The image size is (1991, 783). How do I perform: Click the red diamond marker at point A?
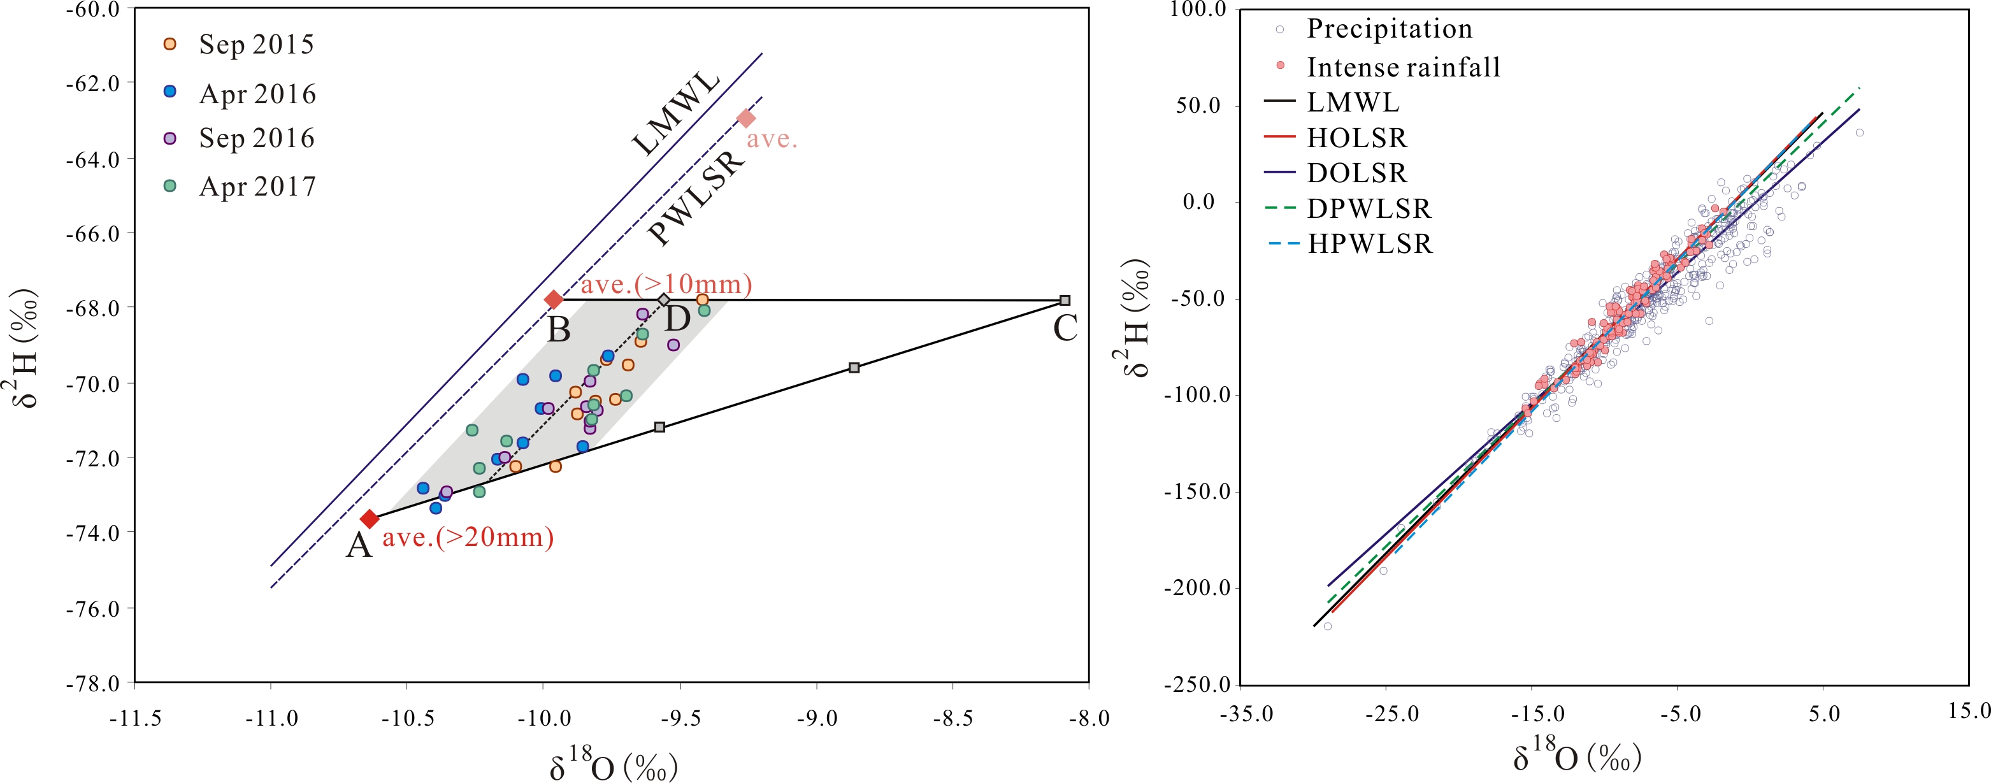(x=370, y=519)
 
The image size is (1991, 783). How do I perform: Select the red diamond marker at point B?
(x=554, y=299)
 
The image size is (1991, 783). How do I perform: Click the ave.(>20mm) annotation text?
(x=468, y=537)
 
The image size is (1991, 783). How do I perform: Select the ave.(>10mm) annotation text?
(x=666, y=284)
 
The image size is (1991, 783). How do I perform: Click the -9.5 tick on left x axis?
(x=681, y=719)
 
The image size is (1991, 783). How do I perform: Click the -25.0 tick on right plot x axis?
(x=1391, y=714)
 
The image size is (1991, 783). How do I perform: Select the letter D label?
(x=678, y=319)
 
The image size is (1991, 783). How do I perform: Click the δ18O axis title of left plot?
(x=613, y=764)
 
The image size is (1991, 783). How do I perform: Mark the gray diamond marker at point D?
(x=664, y=300)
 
